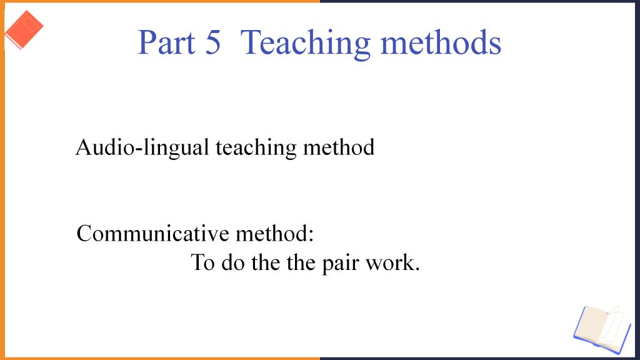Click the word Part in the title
click(x=166, y=42)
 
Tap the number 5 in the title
click(x=213, y=42)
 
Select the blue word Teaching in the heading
click(x=306, y=44)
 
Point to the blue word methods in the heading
click(x=441, y=42)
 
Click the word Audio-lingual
click(x=142, y=148)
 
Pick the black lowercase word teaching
click(x=256, y=148)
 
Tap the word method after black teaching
click(x=339, y=147)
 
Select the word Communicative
click(x=153, y=234)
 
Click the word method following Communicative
click(x=271, y=234)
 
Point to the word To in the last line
click(x=203, y=262)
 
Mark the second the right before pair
click(x=301, y=262)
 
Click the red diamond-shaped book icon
click(x=24, y=29)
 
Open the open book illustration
click(x=602, y=329)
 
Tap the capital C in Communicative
click(x=85, y=234)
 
